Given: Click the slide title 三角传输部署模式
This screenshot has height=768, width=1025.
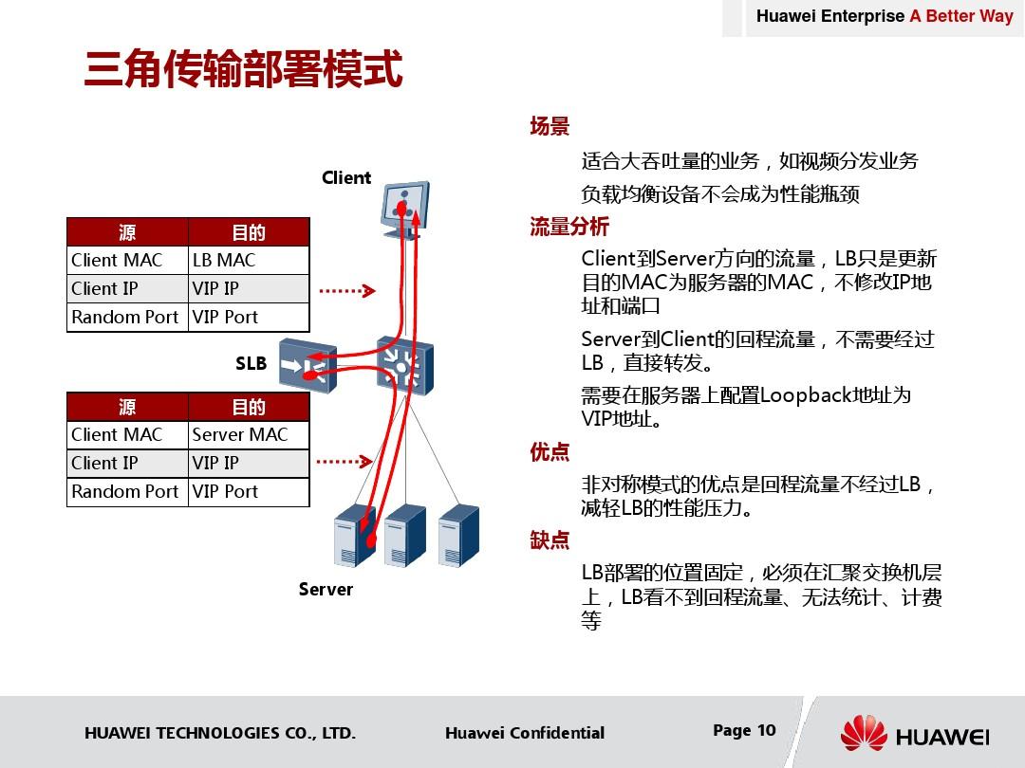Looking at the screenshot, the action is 243,68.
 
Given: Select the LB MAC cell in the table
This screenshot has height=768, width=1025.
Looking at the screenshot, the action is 249,260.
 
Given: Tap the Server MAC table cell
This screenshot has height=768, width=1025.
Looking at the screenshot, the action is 249,434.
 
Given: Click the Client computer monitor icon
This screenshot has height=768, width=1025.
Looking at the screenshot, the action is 405,209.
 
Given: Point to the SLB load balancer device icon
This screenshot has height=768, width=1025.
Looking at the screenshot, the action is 307,366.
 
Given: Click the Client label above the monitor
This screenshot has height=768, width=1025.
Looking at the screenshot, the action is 346,177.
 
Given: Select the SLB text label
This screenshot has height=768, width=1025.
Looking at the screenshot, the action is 251,363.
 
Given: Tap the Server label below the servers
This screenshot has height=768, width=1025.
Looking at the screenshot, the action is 326,589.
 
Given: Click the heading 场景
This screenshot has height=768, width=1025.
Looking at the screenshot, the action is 550,125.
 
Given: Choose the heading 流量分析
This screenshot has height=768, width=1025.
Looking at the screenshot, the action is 569,226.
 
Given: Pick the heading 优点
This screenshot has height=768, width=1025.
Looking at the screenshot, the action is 550,451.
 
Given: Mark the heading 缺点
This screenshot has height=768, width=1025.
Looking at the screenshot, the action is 550,539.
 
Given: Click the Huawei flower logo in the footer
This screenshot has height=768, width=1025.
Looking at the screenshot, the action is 864,733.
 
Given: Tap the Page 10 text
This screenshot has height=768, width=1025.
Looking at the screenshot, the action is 745,730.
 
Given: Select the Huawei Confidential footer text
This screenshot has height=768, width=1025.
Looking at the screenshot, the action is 525,733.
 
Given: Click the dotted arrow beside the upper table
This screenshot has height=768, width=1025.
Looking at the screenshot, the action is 347,291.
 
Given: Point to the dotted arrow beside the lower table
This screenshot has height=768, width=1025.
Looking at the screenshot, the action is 345,462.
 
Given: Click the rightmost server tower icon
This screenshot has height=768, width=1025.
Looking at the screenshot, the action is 458,535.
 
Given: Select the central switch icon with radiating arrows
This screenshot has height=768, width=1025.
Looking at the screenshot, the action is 405,366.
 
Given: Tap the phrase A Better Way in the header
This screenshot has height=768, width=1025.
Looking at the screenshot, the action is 960,16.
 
